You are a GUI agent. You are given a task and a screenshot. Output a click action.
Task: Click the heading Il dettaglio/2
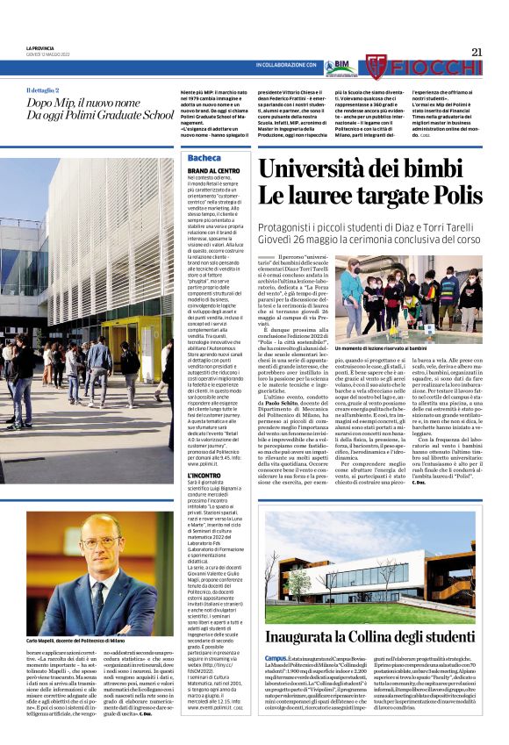click(x=43, y=90)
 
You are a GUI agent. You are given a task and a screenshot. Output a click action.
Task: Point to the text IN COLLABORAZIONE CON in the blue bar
click(x=285, y=66)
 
